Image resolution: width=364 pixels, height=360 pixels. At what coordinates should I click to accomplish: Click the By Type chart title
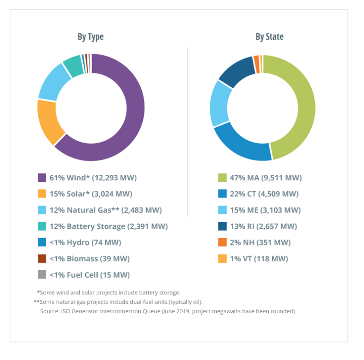click(x=91, y=37)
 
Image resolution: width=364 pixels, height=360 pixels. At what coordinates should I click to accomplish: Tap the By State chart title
click(x=270, y=37)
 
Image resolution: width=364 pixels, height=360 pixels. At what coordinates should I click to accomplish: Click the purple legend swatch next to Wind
click(x=42, y=178)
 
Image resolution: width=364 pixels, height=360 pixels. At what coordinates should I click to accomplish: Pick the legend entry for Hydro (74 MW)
click(x=85, y=242)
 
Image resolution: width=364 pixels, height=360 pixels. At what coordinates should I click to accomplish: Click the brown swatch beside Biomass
click(x=42, y=258)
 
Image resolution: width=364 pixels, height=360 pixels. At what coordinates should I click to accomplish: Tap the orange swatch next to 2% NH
click(x=222, y=242)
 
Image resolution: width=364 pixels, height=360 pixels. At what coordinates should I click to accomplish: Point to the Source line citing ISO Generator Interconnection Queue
click(x=168, y=311)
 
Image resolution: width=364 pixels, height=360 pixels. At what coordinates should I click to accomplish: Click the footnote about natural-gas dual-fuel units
click(x=118, y=302)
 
